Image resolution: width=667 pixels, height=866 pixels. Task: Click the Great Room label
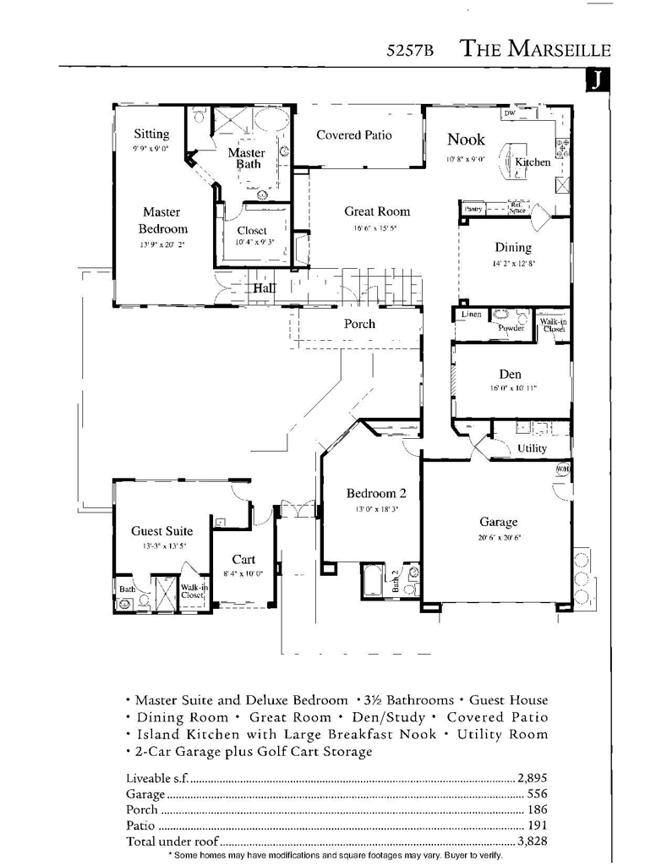[x=376, y=211]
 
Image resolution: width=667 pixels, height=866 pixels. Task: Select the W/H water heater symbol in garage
[x=561, y=470]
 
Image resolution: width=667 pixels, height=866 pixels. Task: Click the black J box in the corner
[x=596, y=79]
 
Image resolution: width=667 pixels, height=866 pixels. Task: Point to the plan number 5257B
[x=409, y=50]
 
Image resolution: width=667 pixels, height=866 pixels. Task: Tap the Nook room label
[x=465, y=140]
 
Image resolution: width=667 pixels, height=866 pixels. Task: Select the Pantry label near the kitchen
[x=473, y=208]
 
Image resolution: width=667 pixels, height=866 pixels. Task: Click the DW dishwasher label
[x=509, y=113]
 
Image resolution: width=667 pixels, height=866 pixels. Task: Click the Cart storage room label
[x=243, y=559]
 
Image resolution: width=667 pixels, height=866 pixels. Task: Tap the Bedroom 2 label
[x=376, y=494]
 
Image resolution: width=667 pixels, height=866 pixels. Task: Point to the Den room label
[x=510, y=374]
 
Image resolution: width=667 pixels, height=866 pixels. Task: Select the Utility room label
[x=532, y=448]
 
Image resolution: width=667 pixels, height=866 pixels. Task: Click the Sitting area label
[x=151, y=134]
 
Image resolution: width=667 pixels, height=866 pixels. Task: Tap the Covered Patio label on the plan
[x=353, y=134]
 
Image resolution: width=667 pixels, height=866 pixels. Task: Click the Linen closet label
[x=471, y=315]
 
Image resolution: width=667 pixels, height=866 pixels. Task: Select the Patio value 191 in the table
[x=539, y=825]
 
